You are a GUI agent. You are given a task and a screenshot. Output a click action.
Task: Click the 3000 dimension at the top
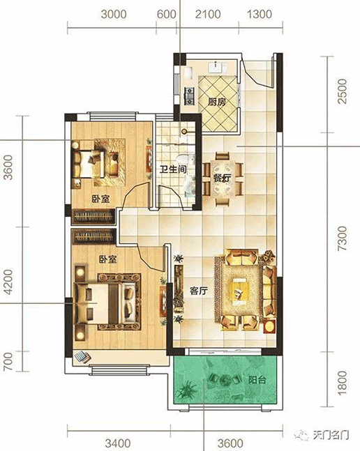[x=114, y=14]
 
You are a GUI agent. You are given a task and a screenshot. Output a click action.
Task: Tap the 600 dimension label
[x=166, y=14]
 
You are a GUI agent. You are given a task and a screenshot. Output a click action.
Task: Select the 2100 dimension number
[x=208, y=14]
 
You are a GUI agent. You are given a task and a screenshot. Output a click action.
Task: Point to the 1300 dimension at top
[x=260, y=14]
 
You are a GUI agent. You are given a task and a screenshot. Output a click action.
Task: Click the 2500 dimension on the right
[x=343, y=91]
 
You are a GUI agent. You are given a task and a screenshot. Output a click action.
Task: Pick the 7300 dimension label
[x=343, y=238]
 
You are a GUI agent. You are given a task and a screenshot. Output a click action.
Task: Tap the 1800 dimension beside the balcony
[x=343, y=383]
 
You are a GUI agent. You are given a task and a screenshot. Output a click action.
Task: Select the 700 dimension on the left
[x=8, y=361]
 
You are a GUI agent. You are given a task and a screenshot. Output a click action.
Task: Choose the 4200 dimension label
[x=8, y=282]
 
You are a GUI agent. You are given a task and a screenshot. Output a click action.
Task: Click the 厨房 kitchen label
[x=217, y=102]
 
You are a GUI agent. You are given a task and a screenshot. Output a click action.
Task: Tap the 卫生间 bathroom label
[x=173, y=169]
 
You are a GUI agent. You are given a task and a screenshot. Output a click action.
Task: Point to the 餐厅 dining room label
[x=222, y=178]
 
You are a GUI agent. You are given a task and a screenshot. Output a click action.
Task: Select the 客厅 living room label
[x=199, y=291]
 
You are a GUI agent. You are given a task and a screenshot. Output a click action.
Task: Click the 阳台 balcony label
[x=257, y=380]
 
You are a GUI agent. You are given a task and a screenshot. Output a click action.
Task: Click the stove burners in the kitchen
[x=189, y=95]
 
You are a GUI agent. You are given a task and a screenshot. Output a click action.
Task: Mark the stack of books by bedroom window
[x=82, y=357]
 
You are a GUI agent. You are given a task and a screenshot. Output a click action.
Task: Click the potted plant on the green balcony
[x=187, y=389]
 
